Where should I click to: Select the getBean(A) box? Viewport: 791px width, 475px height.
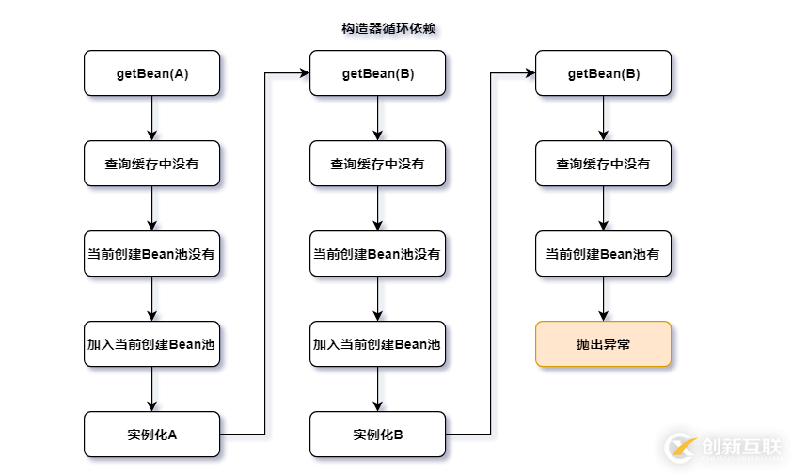(151, 73)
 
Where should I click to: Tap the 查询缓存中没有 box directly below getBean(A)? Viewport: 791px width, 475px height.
(151, 164)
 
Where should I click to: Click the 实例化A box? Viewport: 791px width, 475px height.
(151, 435)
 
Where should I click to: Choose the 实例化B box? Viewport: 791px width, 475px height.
(377, 435)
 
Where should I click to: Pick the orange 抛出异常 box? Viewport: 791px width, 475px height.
(603, 344)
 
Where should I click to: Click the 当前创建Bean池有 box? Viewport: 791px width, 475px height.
(603, 254)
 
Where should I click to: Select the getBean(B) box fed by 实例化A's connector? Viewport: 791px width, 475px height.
(377, 73)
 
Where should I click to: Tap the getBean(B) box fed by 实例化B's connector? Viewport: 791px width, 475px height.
(603, 73)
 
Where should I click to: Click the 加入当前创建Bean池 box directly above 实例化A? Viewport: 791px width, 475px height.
(151, 344)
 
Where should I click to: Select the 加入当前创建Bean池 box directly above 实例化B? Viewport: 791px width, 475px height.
(377, 344)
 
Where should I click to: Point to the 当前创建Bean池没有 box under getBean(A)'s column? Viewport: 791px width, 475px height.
(151, 254)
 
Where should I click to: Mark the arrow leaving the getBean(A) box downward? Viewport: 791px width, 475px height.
(151, 118)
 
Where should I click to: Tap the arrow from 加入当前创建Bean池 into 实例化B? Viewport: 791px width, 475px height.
(377, 389)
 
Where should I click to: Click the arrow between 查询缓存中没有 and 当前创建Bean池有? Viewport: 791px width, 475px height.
(603, 209)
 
